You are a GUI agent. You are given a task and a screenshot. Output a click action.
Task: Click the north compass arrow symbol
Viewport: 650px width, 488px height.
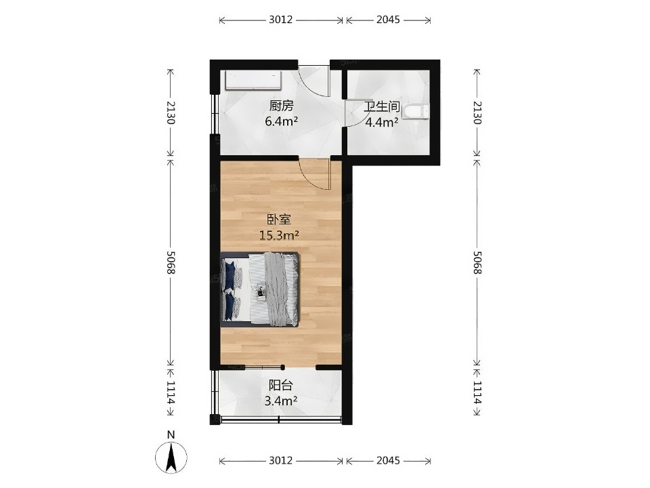click(x=171, y=457)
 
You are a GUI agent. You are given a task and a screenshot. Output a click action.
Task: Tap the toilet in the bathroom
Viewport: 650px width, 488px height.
click(x=415, y=112)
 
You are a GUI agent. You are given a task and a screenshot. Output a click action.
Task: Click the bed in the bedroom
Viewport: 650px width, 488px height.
click(x=259, y=289)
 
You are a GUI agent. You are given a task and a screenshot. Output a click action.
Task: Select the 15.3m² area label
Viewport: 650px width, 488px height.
click(x=279, y=236)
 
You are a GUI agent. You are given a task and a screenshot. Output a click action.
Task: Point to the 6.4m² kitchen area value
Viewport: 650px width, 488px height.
click(x=282, y=122)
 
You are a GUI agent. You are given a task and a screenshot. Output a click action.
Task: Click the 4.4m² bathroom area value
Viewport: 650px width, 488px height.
click(x=382, y=123)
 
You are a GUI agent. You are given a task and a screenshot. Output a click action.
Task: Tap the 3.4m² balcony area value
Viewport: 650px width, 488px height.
click(x=280, y=401)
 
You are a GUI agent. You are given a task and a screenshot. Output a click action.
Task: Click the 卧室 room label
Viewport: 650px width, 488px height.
click(x=279, y=220)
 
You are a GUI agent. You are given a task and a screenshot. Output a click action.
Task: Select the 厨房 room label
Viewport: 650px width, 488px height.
click(x=282, y=106)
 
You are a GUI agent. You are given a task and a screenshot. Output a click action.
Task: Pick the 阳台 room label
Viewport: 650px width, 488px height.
click(x=280, y=386)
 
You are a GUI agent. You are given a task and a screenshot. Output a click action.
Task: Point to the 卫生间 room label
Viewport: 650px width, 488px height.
click(x=382, y=106)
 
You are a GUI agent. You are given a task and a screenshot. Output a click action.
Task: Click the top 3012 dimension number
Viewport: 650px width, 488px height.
click(x=280, y=20)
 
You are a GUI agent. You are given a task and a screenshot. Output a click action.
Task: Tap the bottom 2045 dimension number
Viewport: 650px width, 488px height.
click(x=388, y=460)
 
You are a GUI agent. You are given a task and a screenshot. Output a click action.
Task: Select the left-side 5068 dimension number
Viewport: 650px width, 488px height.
click(x=171, y=262)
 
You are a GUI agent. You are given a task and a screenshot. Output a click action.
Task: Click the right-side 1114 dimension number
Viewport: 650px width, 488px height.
click(x=477, y=393)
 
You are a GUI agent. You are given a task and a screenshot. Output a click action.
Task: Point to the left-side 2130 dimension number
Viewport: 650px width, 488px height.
click(x=171, y=113)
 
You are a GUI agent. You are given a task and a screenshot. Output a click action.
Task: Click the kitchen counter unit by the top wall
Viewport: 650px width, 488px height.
click(x=253, y=80)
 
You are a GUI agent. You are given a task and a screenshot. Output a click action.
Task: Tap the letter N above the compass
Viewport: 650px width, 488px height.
click(x=171, y=435)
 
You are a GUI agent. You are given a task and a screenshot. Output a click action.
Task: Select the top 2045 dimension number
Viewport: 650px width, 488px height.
click(x=388, y=20)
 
